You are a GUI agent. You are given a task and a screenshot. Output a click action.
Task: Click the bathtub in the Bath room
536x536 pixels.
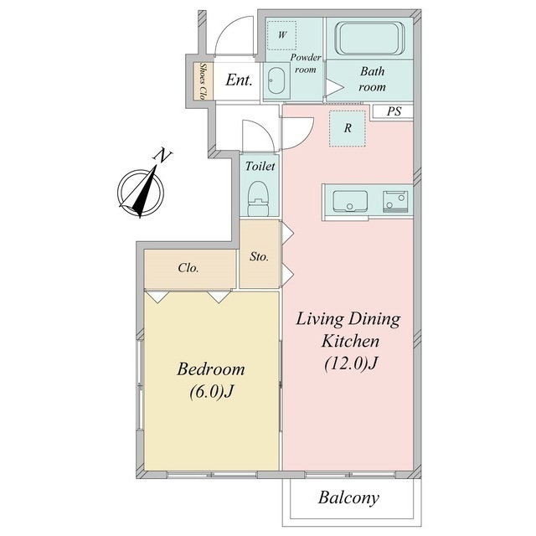click(x=370, y=38)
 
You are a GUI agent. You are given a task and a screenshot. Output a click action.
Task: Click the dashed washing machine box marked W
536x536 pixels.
click(x=282, y=35)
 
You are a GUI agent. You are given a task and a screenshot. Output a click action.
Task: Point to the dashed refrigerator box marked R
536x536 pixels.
click(x=348, y=128)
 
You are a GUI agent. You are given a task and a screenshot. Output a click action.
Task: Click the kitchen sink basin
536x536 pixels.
click(x=350, y=201)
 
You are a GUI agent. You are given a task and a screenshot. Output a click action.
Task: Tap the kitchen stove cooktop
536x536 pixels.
click(x=395, y=202)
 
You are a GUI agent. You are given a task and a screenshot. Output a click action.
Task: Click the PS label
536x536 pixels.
click(x=394, y=111)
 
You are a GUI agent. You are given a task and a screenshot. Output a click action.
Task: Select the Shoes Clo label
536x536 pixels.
click(x=204, y=81)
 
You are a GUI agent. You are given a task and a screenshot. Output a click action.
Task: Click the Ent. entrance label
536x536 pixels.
click(x=239, y=80)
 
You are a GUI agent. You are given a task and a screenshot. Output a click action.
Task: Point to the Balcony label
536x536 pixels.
click(x=348, y=497)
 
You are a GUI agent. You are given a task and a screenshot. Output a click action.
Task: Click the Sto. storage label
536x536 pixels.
click(x=259, y=256)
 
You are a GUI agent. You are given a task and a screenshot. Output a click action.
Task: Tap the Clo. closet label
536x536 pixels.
click(x=188, y=268)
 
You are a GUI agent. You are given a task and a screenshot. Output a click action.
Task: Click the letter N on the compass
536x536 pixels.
click(x=162, y=156)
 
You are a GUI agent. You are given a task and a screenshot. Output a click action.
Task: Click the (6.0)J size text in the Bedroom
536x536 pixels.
click(x=211, y=391)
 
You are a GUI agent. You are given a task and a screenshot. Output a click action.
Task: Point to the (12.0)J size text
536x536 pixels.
click(x=350, y=363)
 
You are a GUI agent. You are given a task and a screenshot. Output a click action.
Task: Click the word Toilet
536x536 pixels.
click(x=260, y=166)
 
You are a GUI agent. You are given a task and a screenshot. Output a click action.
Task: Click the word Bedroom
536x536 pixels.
click(x=211, y=369)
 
